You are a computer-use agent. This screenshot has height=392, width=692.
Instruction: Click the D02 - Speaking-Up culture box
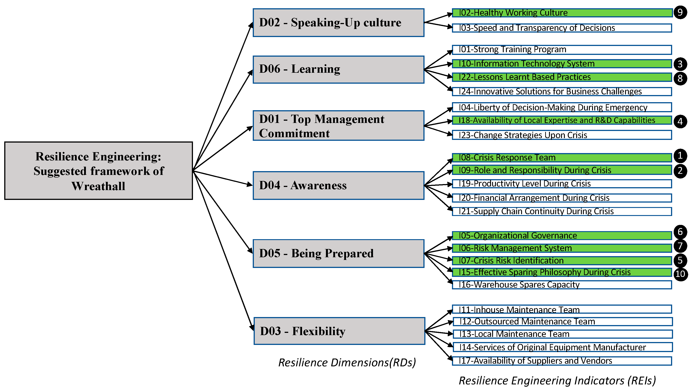point(338,23)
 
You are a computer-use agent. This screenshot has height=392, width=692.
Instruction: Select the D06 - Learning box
point(338,69)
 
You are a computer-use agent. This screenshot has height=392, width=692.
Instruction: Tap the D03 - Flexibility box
point(339,331)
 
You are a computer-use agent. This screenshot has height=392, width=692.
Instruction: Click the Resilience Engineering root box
point(99,171)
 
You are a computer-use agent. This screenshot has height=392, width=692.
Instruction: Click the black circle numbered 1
point(680,156)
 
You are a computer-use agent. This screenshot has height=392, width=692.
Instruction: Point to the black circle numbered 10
point(680,274)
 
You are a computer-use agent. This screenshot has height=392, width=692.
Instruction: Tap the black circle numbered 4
point(680,121)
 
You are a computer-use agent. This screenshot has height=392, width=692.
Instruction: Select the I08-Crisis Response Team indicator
point(561,158)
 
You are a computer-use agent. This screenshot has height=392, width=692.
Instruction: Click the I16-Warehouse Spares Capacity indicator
point(561,285)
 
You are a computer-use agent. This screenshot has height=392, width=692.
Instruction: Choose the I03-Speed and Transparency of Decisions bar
point(561,28)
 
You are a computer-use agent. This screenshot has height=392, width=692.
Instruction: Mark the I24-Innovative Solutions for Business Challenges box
point(561,91)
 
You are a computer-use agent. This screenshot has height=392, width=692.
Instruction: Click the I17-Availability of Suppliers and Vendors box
point(561,361)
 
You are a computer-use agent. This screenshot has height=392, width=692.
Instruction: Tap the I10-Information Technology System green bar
point(561,64)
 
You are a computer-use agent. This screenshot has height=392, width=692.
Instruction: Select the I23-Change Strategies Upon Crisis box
point(561,135)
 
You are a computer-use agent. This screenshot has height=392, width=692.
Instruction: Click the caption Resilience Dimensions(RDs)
point(347,362)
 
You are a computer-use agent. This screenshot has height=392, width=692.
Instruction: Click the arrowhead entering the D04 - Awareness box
point(250,185)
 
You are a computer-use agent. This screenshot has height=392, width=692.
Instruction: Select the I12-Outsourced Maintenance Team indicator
point(562,321)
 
